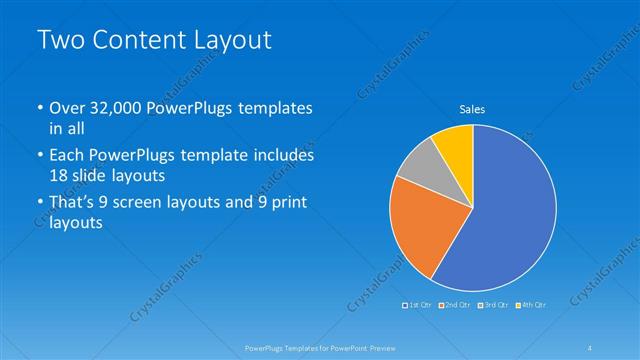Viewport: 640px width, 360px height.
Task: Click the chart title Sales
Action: click(472, 109)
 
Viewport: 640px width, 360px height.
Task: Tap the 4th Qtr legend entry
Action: click(532, 303)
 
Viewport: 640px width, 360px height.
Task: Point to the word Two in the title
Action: click(57, 40)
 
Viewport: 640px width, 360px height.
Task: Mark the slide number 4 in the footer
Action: click(590, 347)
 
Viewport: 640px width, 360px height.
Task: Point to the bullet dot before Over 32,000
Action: click(39, 109)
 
